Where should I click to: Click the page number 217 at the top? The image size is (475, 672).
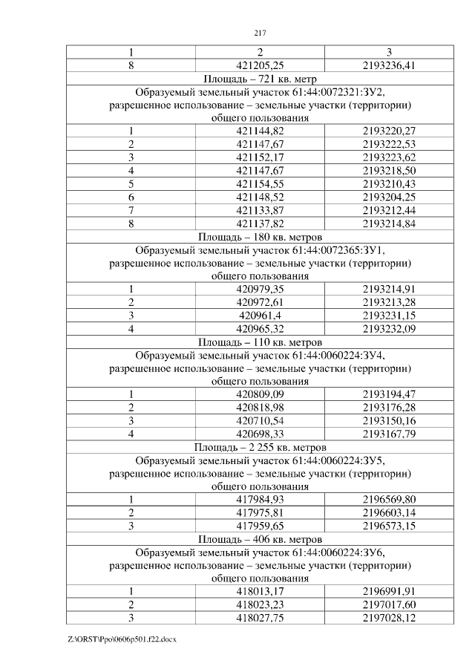(260, 33)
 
